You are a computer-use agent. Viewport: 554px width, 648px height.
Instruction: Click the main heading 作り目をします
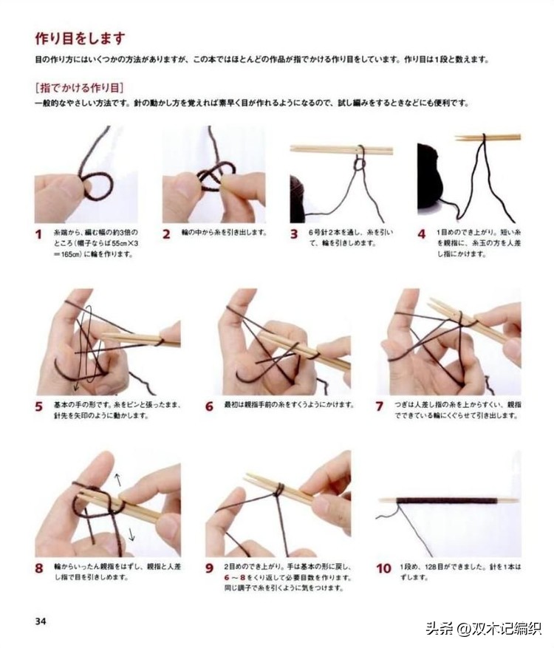click(81, 38)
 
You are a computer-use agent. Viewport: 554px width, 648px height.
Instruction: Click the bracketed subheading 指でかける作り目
click(79, 87)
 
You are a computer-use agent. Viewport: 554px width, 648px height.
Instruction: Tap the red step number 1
click(39, 235)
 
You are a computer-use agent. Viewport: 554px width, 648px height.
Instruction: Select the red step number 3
click(294, 234)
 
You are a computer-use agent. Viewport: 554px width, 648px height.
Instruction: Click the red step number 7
click(380, 406)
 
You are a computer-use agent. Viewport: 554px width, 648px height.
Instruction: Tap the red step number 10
click(383, 569)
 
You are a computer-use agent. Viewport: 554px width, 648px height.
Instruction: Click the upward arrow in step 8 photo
click(117, 480)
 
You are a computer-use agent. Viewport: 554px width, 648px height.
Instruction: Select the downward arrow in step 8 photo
click(131, 533)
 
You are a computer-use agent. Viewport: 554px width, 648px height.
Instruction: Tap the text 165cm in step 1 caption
click(75, 253)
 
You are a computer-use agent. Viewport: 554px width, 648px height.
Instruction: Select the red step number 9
click(209, 569)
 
